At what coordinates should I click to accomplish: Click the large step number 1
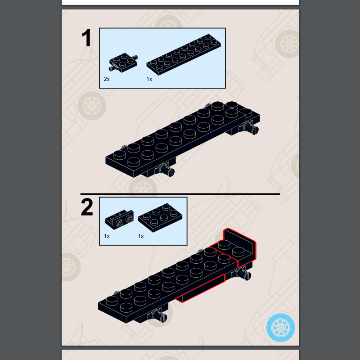click(86, 38)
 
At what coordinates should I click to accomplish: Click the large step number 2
click(87, 207)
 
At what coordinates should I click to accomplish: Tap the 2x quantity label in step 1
click(107, 79)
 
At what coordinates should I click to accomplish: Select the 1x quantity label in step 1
click(149, 79)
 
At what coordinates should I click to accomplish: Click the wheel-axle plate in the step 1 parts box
click(123, 62)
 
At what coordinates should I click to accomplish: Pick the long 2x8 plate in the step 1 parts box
click(184, 54)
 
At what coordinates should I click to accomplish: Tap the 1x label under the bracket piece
click(107, 236)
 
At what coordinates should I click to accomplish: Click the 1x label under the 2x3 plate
click(141, 236)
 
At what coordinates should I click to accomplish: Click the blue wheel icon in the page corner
click(280, 328)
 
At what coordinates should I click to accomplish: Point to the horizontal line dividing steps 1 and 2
click(180, 194)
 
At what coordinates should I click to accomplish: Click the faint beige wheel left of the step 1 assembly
click(92, 106)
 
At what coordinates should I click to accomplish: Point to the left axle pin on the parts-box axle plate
click(112, 67)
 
